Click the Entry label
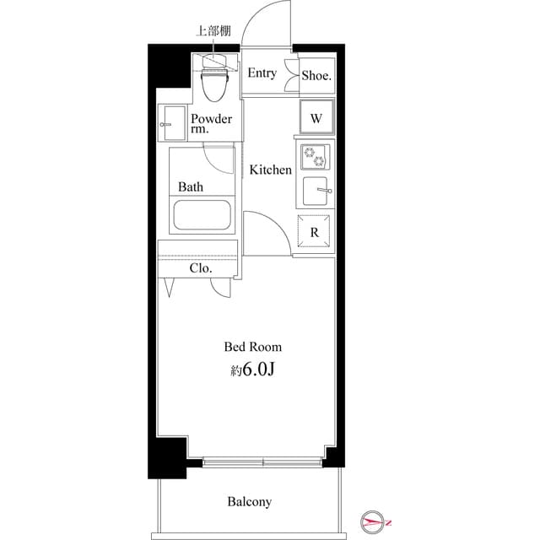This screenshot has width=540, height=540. pyautogui.click(x=262, y=73)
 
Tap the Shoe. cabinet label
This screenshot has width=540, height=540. pyautogui.click(x=316, y=75)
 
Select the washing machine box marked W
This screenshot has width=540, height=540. pyautogui.click(x=316, y=118)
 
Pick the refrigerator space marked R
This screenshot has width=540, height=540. pyautogui.click(x=314, y=232)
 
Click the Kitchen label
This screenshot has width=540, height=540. pyautogui.click(x=270, y=170)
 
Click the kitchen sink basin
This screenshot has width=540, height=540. pyautogui.click(x=315, y=192)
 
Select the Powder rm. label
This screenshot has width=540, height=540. pyautogui.click(x=211, y=124)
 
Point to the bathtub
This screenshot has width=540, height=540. pyautogui.click(x=203, y=215)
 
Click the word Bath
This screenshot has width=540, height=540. pyautogui.click(x=189, y=186)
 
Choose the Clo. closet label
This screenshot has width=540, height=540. pyautogui.click(x=200, y=268)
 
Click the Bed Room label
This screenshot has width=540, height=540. pyautogui.click(x=252, y=346)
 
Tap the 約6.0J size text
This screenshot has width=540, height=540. pyautogui.click(x=252, y=370)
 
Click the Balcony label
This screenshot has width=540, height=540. pyautogui.click(x=249, y=502)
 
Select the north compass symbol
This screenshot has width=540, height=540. pyautogui.click(x=373, y=521)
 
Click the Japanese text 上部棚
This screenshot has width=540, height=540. pyautogui.click(x=213, y=31)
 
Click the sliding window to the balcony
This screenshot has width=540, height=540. pyautogui.click(x=262, y=462)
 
